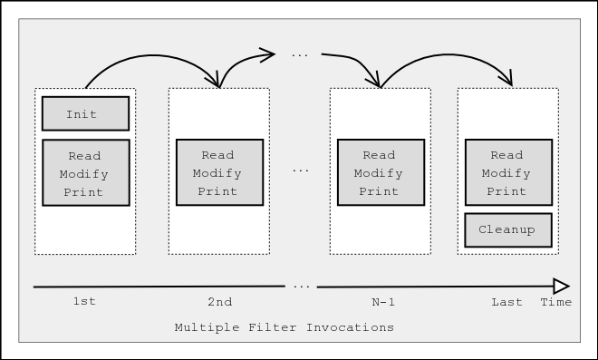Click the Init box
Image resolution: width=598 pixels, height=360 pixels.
[x=85, y=114]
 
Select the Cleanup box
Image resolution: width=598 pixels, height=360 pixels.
[x=506, y=229]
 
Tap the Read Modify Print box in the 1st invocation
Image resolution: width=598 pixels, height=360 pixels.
[x=85, y=172]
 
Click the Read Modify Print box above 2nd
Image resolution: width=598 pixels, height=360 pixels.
[x=219, y=172]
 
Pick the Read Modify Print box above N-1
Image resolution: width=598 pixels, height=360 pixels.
[x=380, y=172]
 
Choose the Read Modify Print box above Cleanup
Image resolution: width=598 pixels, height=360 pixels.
[x=506, y=172]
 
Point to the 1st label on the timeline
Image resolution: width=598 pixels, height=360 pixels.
[x=84, y=302]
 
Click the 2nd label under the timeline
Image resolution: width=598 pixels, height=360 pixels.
[x=219, y=302]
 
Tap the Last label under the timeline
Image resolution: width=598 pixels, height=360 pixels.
[x=506, y=302]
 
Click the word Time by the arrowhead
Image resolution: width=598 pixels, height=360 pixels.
[x=555, y=302]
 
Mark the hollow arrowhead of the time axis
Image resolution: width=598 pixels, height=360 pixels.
[x=561, y=286]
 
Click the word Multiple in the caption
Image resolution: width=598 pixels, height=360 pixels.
[x=205, y=327]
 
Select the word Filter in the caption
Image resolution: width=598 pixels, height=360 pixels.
[x=269, y=327]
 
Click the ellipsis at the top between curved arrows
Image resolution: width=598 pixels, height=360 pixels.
[x=300, y=55]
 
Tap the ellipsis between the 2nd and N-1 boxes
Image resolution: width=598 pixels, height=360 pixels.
[x=301, y=170]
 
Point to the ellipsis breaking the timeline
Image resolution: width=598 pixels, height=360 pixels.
[x=301, y=287]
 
